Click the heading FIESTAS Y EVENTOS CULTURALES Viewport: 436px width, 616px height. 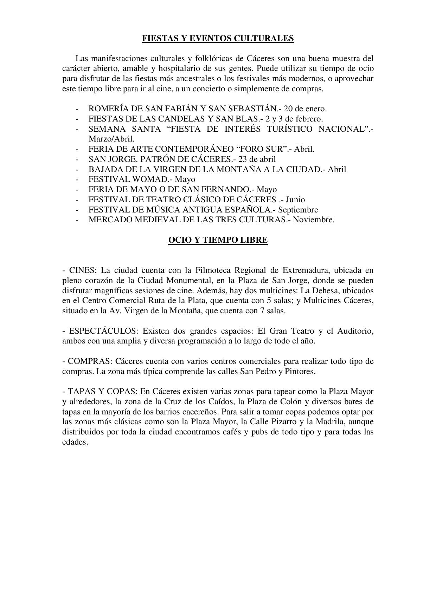click(x=218, y=38)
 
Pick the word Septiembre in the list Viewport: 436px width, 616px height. click(x=298, y=210)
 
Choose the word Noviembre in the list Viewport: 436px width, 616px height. click(x=314, y=220)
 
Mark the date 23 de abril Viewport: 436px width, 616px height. click(x=257, y=159)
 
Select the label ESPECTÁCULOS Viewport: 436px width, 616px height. click(x=102, y=331)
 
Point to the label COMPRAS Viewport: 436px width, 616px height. click(x=89, y=361)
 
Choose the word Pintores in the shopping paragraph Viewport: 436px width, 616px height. click(x=300, y=372)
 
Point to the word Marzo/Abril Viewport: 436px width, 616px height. click(x=111, y=139)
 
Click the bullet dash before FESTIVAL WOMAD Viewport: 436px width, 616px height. click(x=77, y=179)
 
